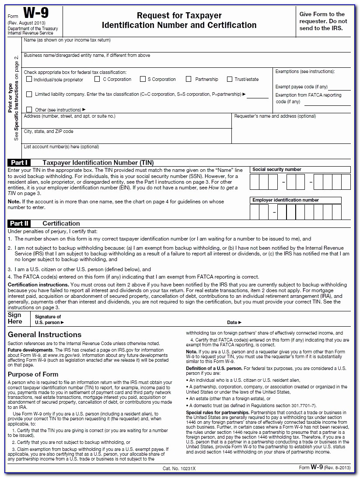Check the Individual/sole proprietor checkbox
click(29, 79)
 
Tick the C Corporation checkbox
click(98, 79)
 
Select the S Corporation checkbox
click(143, 79)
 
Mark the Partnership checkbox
click(189, 79)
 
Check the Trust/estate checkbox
click(230, 79)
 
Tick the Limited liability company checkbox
click(29, 94)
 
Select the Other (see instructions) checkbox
click(29, 109)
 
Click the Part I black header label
click(20, 162)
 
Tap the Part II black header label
click(20, 223)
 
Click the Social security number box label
click(277, 170)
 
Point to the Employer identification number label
click(286, 200)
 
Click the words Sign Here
click(15, 318)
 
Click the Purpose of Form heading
click(33, 374)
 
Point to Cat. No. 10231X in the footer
click(179, 468)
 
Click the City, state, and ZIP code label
click(49, 131)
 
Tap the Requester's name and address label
click(275, 116)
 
